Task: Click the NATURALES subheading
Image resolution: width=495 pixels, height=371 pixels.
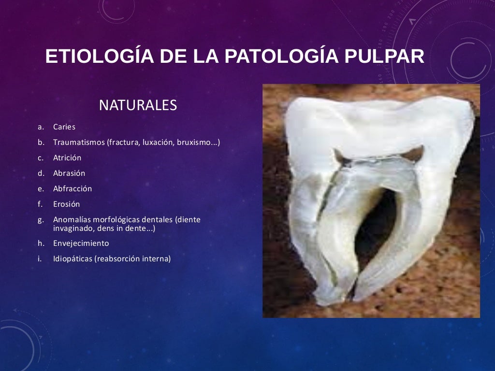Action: point(138,105)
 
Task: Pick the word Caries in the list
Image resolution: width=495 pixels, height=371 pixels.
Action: point(64,127)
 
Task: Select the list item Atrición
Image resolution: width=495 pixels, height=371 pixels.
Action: point(67,158)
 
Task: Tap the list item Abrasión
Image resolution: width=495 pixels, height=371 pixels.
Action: point(69,173)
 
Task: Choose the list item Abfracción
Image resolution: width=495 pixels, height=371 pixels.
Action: point(73,189)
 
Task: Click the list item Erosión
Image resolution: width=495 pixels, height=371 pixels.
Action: point(67,204)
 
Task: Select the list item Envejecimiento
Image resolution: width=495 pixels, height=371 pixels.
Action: point(81,243)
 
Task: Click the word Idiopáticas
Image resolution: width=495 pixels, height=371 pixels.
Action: point(73,259)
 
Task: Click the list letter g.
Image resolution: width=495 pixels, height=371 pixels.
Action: point(41,220)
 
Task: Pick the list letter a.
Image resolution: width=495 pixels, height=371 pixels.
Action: point(41,127)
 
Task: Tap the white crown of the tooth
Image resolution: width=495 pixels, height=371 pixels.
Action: point(377,126)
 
